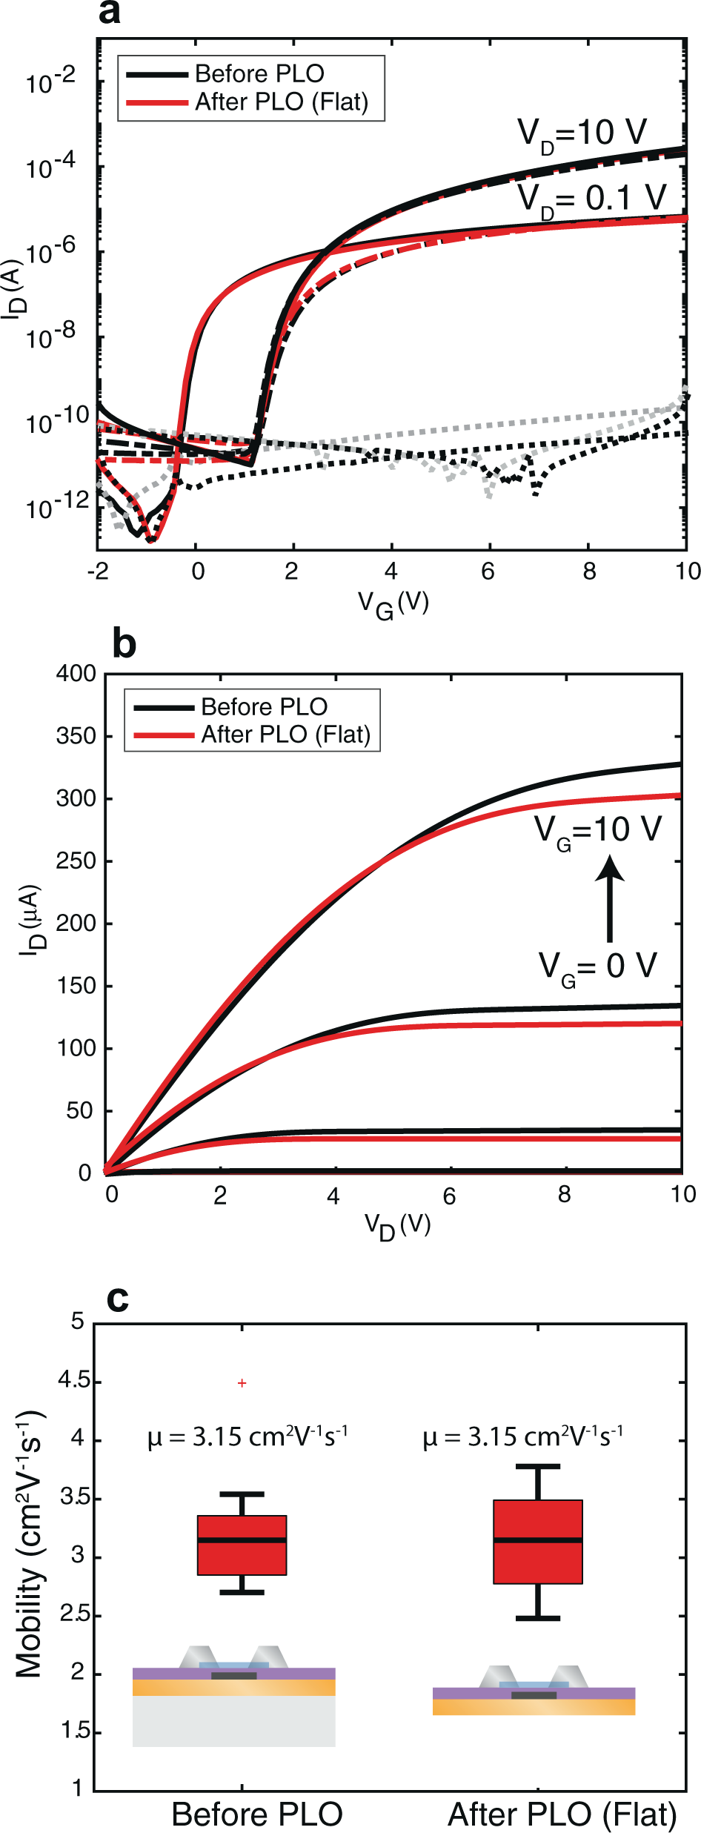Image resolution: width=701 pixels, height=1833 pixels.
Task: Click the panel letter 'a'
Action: tap(109, 13)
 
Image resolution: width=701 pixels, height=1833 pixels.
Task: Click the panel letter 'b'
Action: tap(124, 643)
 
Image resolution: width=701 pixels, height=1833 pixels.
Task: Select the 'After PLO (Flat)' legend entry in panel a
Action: tap(281, 102)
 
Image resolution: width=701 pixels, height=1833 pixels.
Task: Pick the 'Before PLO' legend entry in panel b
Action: tap(264, 706)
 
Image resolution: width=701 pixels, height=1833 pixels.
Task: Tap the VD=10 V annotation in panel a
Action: tap(582, 134)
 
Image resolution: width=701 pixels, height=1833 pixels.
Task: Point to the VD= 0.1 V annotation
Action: tap(591, 199)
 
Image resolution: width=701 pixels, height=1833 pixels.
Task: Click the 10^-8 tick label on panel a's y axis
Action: tap(50, 337)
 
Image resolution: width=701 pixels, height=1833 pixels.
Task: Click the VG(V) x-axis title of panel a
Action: tap(393, 604)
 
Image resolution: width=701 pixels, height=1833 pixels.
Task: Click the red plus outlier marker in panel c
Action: tap(242, 1383)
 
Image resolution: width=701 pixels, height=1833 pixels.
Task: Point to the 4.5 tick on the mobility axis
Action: tap(73, 1380)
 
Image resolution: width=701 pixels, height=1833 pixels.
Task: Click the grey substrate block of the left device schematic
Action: tap(233, 1720)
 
